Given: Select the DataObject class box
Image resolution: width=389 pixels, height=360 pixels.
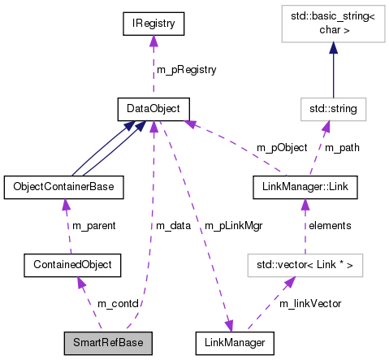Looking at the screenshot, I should point(153,108).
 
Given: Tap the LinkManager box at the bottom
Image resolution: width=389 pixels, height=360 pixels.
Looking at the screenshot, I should point(234,342).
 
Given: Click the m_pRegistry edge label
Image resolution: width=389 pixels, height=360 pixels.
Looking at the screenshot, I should point(186,70).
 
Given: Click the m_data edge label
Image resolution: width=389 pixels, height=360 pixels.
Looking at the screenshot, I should point(173,225).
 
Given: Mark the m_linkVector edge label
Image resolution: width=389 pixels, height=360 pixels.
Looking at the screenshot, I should point(310,303).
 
